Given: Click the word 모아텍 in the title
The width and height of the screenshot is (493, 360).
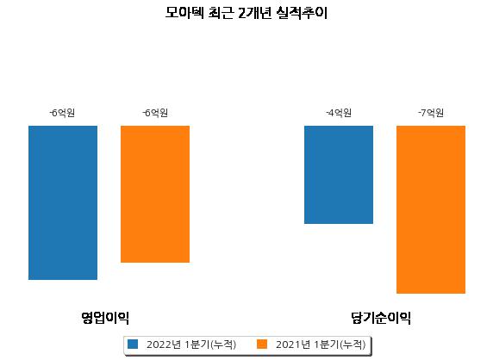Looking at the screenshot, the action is pyautogui.click(x=184, y=13).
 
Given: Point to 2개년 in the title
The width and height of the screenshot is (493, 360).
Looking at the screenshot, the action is pyautogui.click(x=254, y=13).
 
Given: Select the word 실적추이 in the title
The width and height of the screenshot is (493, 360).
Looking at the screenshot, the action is pyautogui.click(x=302, y=13).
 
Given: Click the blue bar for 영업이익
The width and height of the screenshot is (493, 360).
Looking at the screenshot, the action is pyautogui.click(x=63, y=202).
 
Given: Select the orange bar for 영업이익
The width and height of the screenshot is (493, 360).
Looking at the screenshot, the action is pyautogui.click(x=155, y=194).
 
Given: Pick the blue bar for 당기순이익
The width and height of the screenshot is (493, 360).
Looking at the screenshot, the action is pyautogui.click(x=339, y=175).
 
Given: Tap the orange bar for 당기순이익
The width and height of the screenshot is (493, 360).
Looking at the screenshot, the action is pyautogui.click(x=431, y=209).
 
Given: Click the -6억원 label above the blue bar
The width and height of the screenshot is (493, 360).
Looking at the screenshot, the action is pyautogui.click(x=62, y=113).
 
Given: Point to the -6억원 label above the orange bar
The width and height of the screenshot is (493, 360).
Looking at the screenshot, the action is pyautogui.click(x=155, y=113).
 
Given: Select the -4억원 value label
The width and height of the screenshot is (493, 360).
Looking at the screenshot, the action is pyautogui.click(x=339, y=113).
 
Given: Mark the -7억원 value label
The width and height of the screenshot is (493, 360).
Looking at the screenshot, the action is pyautogui.click(x=431, y=113).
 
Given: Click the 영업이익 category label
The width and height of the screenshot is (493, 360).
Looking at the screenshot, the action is pyautogui.click(x=105, y=318).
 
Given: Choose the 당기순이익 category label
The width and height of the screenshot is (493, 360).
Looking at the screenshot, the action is pyautogui.click(x=381, y=318).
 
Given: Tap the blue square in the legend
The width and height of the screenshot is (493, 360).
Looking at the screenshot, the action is pyautogui.click(x=133, y=344).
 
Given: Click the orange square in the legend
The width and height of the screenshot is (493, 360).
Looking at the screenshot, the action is pyautogui.click(x=262, y=344).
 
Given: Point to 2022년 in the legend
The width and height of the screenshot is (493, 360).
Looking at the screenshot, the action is pyautogui.click(x=164, y=344).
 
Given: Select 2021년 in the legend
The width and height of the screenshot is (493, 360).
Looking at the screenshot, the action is pyautogui.click(x=293, y=344).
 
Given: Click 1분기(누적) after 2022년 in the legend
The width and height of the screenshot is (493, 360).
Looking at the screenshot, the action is pyautogui.click(x=210, y=344).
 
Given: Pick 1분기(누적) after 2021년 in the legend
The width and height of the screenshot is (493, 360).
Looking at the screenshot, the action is pyautogui.click(x=340, y=344).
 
